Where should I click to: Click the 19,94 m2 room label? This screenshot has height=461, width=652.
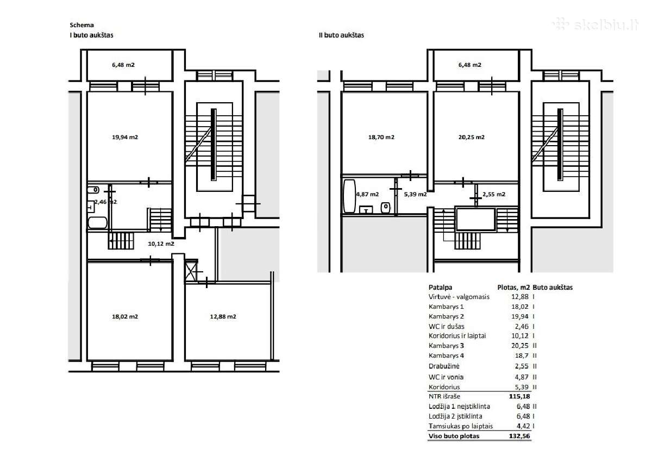pos(125,137)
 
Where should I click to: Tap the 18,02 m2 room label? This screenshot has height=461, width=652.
pos(125,316)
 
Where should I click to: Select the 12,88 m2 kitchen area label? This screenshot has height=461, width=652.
pos(223,316)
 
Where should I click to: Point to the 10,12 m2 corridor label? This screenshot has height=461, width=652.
pos(161,244)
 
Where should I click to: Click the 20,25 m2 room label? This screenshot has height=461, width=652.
pos(472,137)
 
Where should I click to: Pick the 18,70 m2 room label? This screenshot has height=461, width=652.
pos(381,137)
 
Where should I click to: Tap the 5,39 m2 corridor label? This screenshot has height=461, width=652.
pos(415,194)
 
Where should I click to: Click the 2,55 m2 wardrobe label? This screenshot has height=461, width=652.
pos(494,194)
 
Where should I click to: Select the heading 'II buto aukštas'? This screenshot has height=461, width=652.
pos(341,35)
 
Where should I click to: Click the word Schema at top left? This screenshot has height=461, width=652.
pos(81,25)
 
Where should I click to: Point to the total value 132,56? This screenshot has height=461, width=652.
pos(519,436)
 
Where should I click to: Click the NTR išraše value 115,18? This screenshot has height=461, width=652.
pos(519,396)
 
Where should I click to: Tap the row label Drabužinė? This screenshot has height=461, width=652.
pos(444,366)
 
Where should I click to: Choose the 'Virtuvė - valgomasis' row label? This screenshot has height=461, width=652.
pos(459,297)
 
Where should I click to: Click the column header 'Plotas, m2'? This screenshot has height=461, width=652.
pos(513,288)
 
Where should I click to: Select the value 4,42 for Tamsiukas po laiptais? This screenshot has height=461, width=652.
pos(523,426)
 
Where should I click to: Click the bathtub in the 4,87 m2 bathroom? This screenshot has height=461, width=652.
pos(349,196)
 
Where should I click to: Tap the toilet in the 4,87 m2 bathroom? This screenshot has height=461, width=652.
pos(386,207)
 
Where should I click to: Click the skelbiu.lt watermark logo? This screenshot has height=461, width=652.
pos(595,24)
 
